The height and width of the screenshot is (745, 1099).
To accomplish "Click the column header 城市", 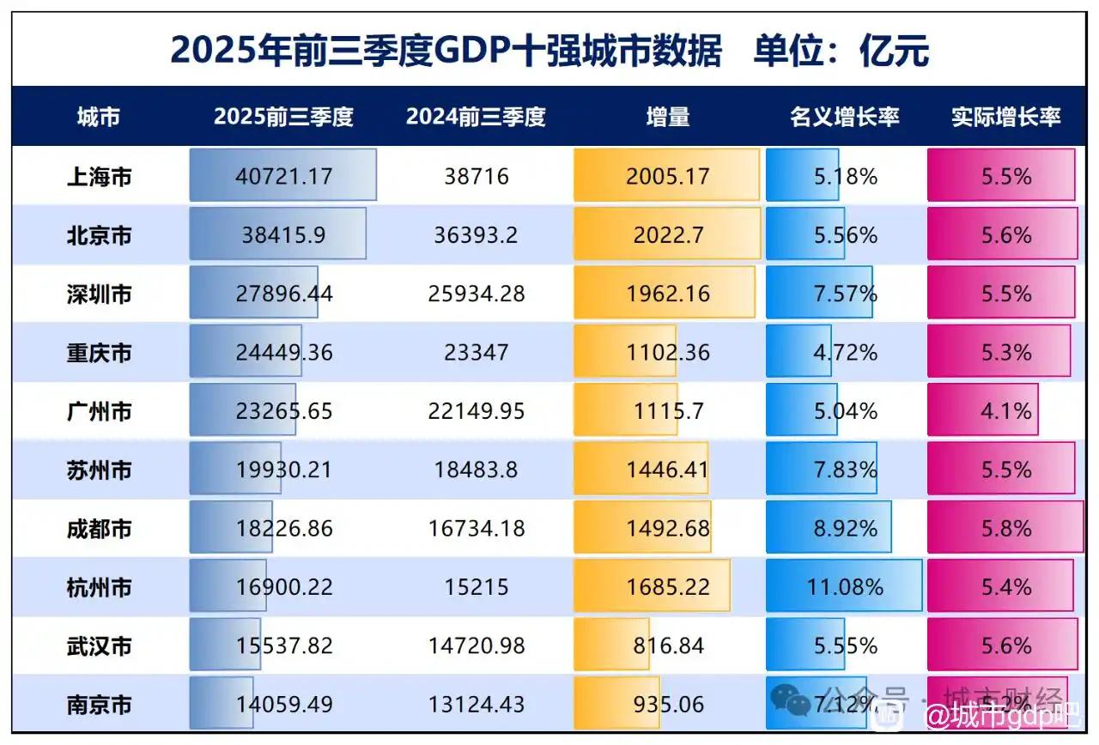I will click(x=99, y=117).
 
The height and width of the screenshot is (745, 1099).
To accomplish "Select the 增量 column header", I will click(x=668, y=117).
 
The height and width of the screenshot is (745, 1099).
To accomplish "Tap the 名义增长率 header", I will click(x=844, y=117).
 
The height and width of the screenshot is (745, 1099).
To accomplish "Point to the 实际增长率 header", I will click(x=1005, y=117).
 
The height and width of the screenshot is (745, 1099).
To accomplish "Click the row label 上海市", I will click(x=99, y=177).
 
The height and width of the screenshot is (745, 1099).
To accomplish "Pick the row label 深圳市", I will click(x=99, y=294).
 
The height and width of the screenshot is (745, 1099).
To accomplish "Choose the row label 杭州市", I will click(x=99, y=588).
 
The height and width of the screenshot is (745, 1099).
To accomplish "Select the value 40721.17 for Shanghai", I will click(x=283, y=177).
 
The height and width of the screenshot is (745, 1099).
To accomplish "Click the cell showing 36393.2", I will click(x=476, y=235).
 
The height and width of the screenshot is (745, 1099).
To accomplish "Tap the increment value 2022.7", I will click(x=668, y=235).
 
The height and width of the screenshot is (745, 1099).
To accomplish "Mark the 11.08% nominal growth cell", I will click(x=845, y=588).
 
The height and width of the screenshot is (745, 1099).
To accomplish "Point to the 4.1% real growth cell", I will click(x=1005, y=411).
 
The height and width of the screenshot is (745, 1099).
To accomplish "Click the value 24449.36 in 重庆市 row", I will click(x=283, y=353).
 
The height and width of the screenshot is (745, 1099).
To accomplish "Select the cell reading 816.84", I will click(x=668, y=646).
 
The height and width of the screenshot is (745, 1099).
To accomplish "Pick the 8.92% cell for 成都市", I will click(x=845, y=529).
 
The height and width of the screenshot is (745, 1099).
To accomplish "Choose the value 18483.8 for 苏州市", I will click(x=476, y=470).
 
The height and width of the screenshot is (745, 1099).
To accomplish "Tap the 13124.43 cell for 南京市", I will click(x=476, y=705).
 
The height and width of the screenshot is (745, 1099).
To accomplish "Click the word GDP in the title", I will click(x=470, y=51).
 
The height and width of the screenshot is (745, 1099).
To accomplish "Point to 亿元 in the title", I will click(x=894, y=51).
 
